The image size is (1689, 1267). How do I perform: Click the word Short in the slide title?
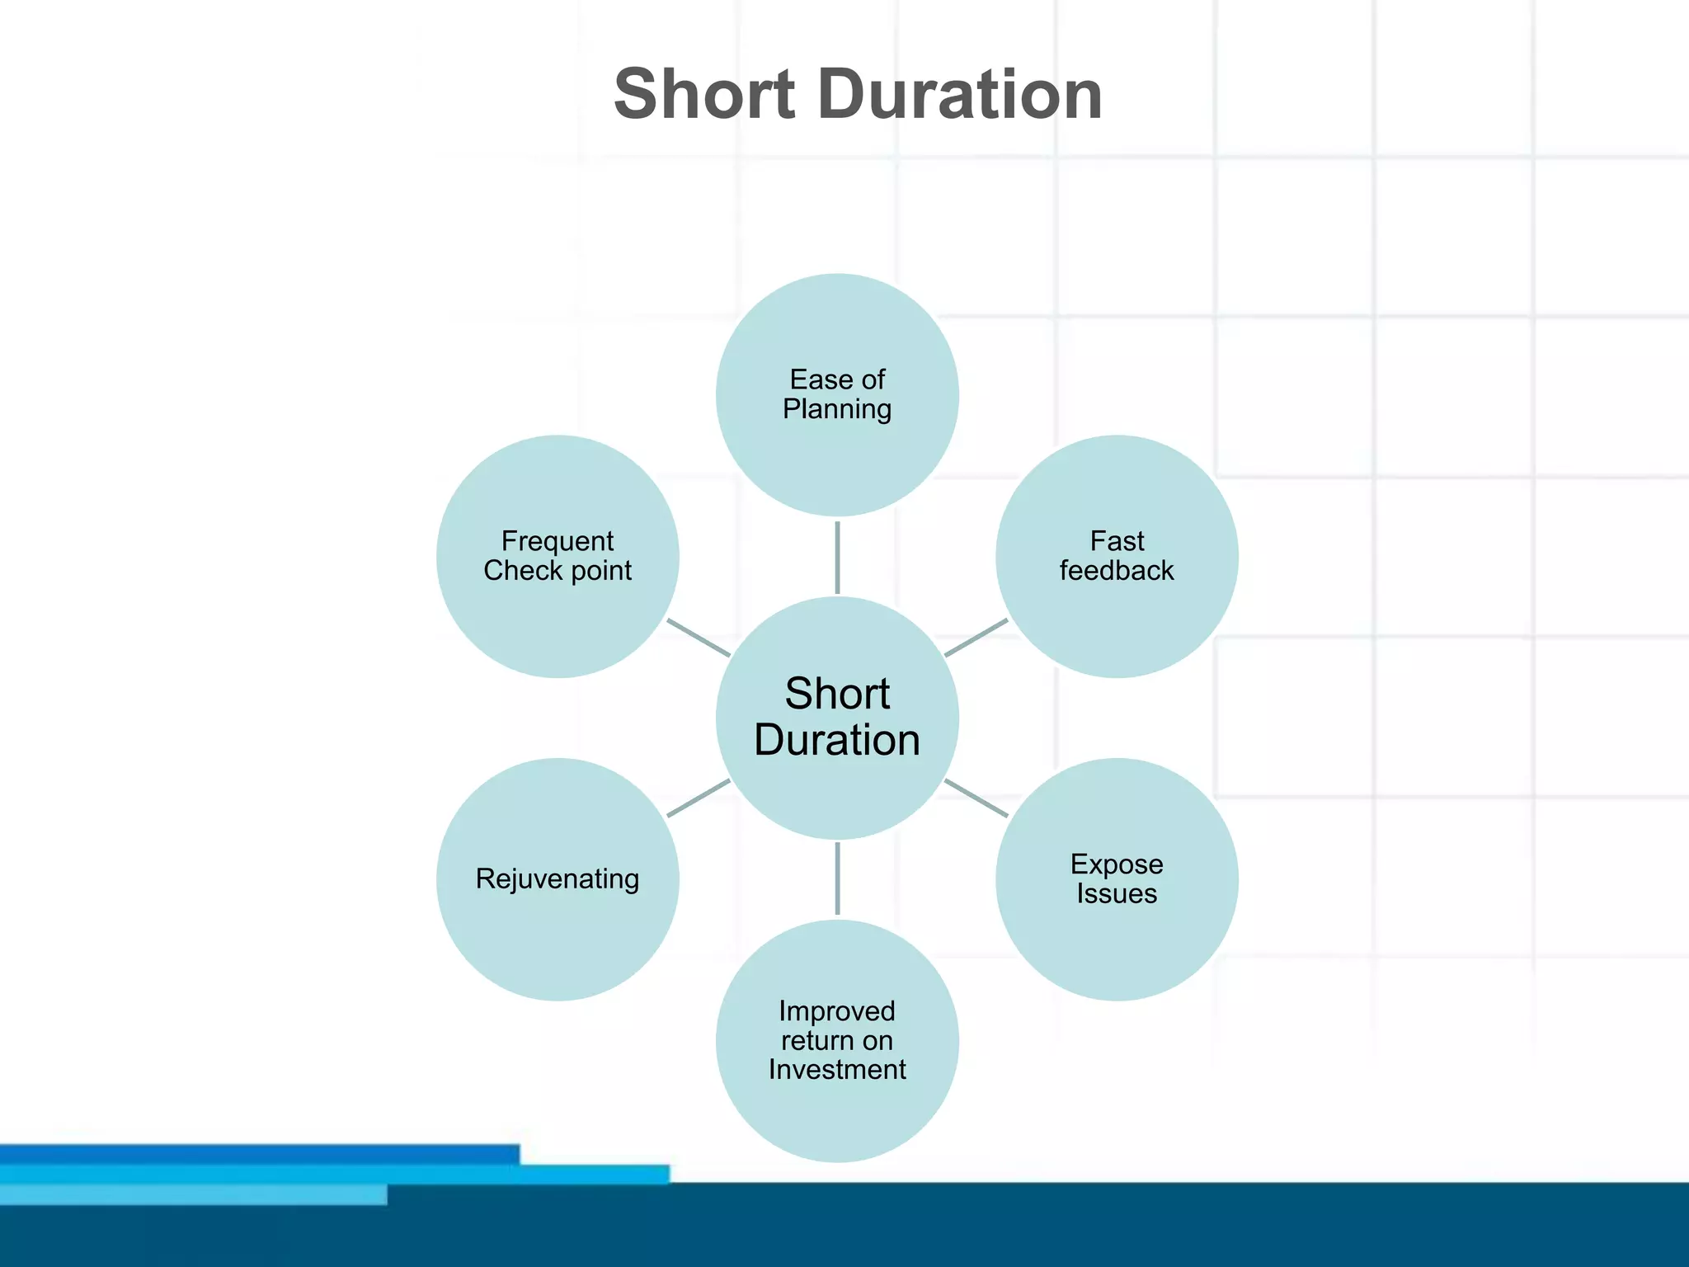[704, 95]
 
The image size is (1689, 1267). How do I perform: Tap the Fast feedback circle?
[1117, 610]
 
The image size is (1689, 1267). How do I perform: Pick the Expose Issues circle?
[1117, 932]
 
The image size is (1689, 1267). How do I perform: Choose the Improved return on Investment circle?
[837, 1114]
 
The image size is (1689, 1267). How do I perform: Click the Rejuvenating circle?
[558, 932]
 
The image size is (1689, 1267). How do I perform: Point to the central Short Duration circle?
[837, 792]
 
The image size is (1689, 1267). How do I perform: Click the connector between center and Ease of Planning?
[837, 557]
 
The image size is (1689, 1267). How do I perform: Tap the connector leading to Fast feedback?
[976, 638]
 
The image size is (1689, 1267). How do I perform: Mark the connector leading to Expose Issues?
[976, 798]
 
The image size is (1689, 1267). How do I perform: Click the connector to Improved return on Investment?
[837, 878]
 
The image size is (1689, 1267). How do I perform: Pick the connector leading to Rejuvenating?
[699, 798]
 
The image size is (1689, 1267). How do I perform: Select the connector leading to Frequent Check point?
[699, 638]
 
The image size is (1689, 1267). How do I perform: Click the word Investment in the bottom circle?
[837, 1070]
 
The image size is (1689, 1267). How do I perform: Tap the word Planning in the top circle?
[837, 409]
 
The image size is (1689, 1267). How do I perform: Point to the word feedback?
[1117, 570]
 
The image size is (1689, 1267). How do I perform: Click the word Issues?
[1117, 893]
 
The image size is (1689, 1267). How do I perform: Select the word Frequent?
[558, 541]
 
